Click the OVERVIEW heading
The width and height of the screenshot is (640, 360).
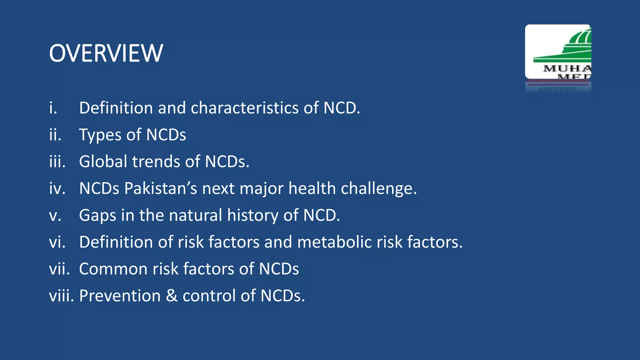[x=106, y=53]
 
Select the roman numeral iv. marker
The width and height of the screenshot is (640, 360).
[x=57, y=188]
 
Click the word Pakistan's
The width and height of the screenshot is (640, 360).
[x=161, y=188]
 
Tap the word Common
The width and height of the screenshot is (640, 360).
[x=113, y=269]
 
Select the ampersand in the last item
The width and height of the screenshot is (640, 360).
[x=172, y=296]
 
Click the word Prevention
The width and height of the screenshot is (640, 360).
[x=120, y=296]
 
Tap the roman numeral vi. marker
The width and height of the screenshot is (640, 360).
[x=57, y=242]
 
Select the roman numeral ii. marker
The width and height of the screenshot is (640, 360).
[x=55, y=135]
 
